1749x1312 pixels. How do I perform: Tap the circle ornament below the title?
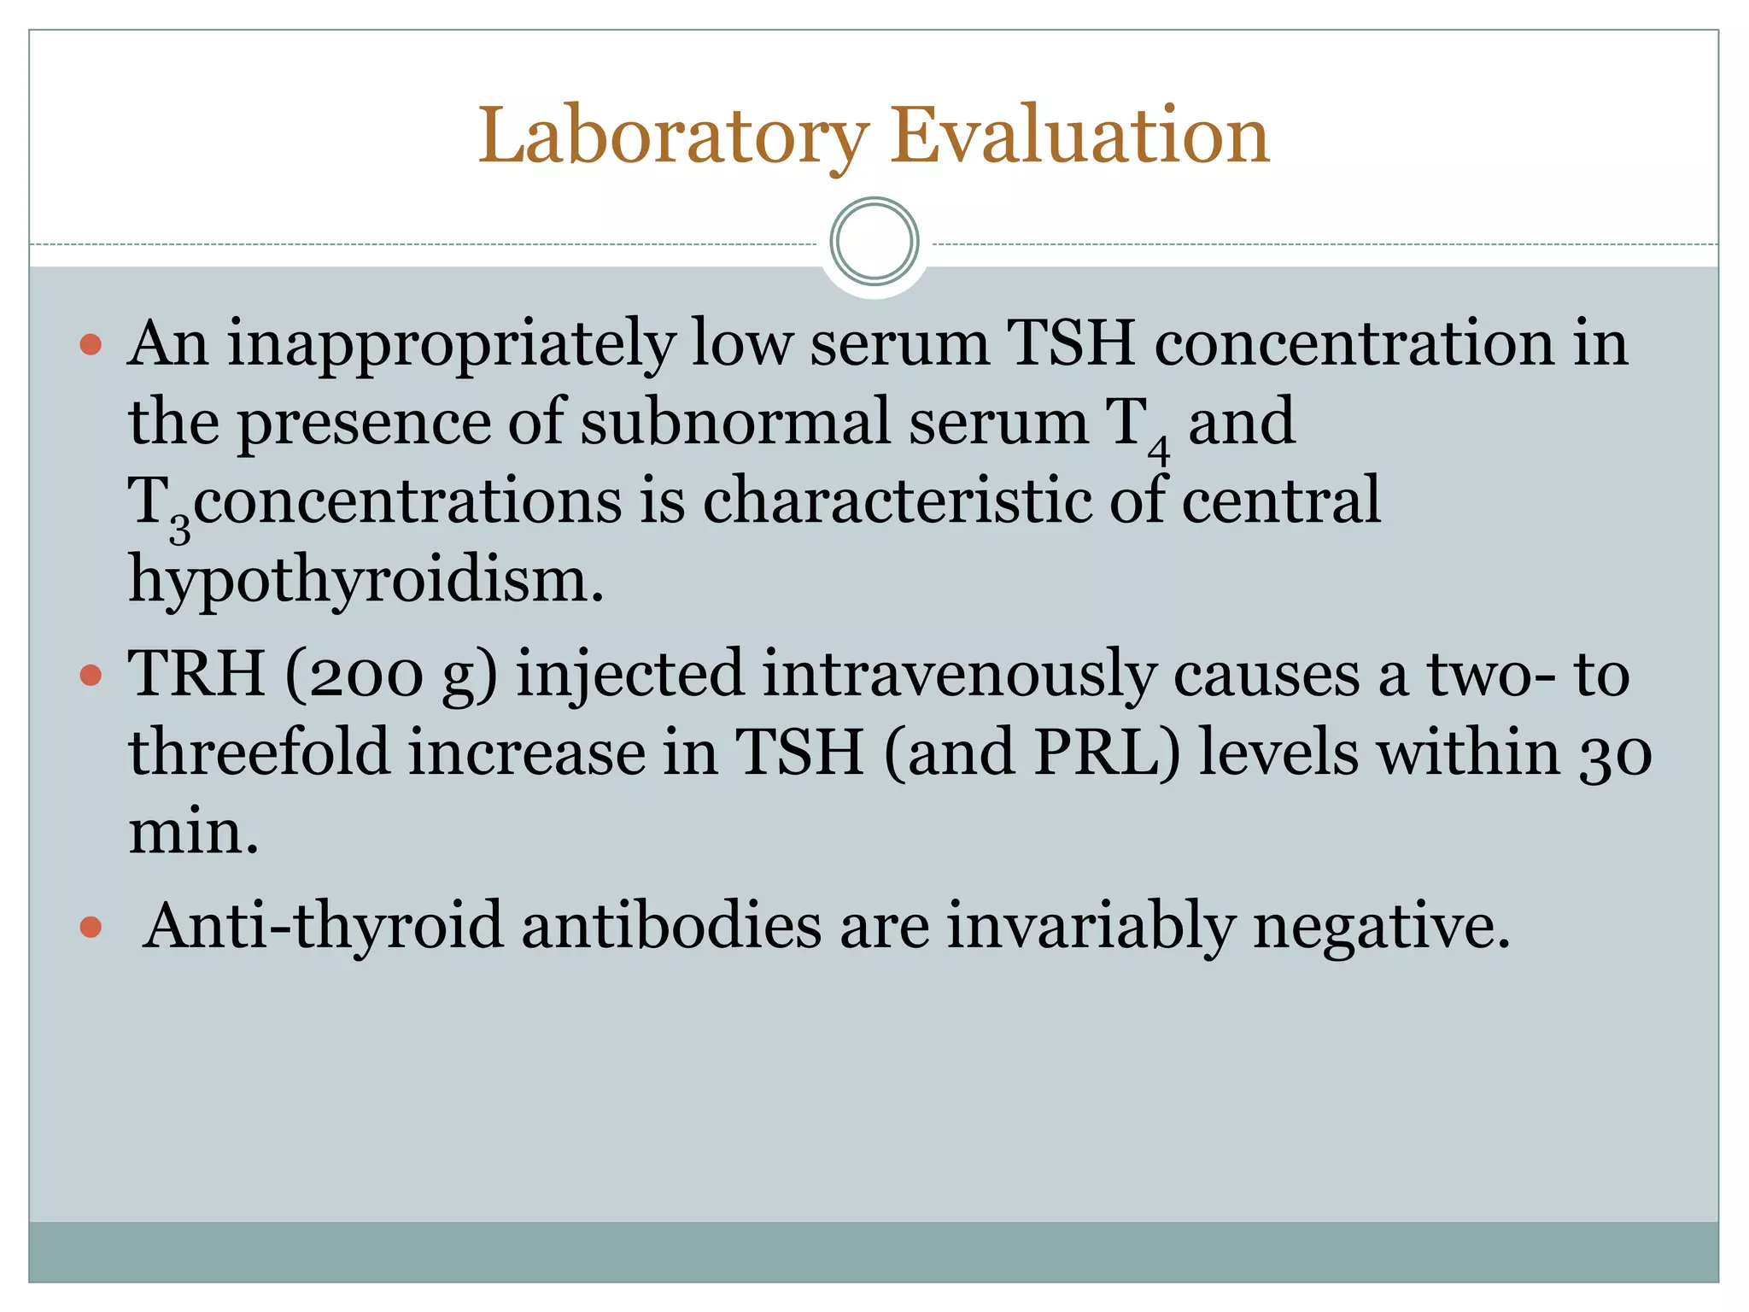coord(874,242)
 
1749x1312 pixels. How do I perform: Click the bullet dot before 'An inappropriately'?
coord(91,345)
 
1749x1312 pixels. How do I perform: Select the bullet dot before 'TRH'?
coord(91,676)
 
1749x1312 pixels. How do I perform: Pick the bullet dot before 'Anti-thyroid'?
coord(91,927)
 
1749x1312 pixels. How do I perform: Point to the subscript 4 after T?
coord(1158,448)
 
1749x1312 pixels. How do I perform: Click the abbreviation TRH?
coord(196,674)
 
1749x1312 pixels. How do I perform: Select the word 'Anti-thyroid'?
coord(323,926)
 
